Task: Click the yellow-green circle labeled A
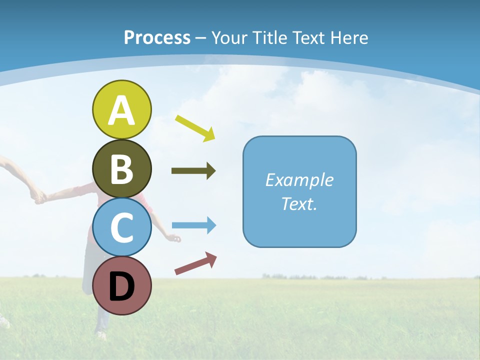pyautogui.click(x=121, y=109)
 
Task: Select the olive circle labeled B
pyautogui.click(x=121, y=168)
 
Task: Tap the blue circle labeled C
pyautogui.click(x=121, y=227)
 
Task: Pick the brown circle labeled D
pyautogui.click(x=121, y=285)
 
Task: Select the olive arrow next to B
pyautogui.click(x=193, y=171)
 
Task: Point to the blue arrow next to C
pyautogui.click(x=193, y=225)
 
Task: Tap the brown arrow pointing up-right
pyautogui.click(x=195, y=263)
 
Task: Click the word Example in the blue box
pyautogui.click(x=299, y=180)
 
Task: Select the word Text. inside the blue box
pyautogui.click(x=299, y=204)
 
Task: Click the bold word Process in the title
pyautogui.click(x=157, y=37)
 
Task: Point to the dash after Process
pyautogui.click(x=201, y=38)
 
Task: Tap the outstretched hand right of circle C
pyautogui.click(x=174, y=238)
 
